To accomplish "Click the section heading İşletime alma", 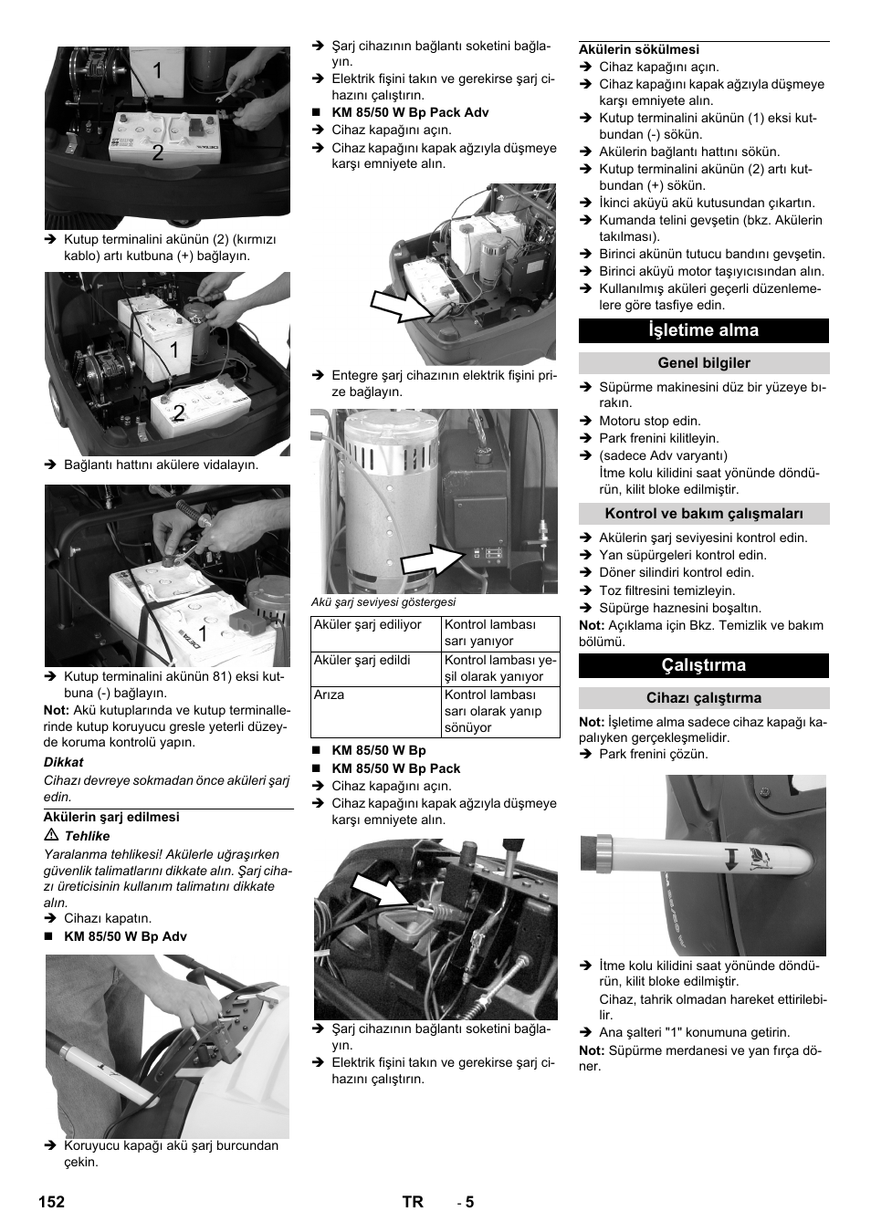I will (703, 330).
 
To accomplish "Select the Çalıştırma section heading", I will (703, 665).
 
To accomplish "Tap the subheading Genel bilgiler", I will (703, 363).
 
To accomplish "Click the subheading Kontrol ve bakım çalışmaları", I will (703, 514).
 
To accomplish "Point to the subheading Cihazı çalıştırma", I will (703, 698).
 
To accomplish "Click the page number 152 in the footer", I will (52, 1202).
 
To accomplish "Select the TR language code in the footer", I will (413, 1202).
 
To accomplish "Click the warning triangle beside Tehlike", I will (51, 836).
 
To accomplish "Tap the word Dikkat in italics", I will (64, 762).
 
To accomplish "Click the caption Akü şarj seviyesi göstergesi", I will (384, 602).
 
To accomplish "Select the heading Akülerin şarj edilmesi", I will (111, 818).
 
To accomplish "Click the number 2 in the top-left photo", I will (158, 153).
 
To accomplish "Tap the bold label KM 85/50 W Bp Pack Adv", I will (410, 112).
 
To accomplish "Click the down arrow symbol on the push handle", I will (730, 859).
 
